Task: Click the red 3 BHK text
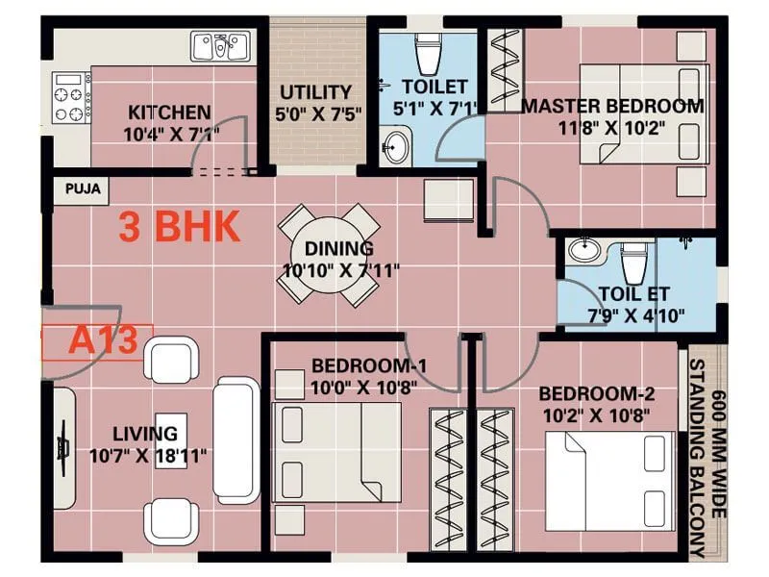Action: tap(178, 227)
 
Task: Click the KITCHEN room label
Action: tap(169, 113)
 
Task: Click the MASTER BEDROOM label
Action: tap(612, 106)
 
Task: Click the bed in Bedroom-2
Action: tap(608, 478)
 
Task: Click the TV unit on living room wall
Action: tap(64, 448)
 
